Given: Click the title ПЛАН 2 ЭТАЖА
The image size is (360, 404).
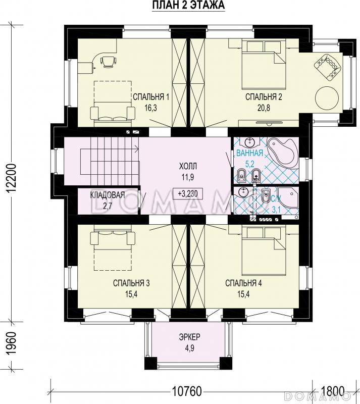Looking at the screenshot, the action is [x=188, y=5].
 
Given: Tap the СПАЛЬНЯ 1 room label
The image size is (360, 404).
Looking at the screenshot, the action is [x=151, y=97].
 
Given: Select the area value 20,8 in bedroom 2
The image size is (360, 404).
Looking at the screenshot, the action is [x=264, y=108].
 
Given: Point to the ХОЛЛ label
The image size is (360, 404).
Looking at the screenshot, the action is [x=188, y=166].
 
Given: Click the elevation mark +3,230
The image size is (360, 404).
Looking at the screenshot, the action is [x=188, y=193].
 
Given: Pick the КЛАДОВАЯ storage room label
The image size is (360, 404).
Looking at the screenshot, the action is [x=108, y=195].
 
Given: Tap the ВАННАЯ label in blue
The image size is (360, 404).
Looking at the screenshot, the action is [x=249, y=153].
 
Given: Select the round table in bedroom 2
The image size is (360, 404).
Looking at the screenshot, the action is [x=327, y=98].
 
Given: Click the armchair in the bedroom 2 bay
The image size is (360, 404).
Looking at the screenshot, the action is [x=327, y=67].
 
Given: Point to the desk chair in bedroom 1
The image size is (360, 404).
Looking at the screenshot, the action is [x=108, y=62].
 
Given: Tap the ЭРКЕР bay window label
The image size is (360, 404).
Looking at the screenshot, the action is [x=189, y=337].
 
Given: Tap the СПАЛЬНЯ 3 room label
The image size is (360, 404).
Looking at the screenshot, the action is [x=131, y=283].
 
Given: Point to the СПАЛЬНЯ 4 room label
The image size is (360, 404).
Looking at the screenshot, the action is [x=243, y=283].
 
